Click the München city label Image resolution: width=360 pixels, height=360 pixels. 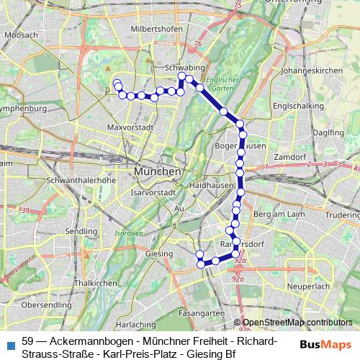[156, 173]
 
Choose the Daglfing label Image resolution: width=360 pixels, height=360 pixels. [329, 132]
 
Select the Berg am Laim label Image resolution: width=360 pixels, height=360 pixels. [277, 215]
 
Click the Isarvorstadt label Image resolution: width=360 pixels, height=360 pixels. [150, 193]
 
